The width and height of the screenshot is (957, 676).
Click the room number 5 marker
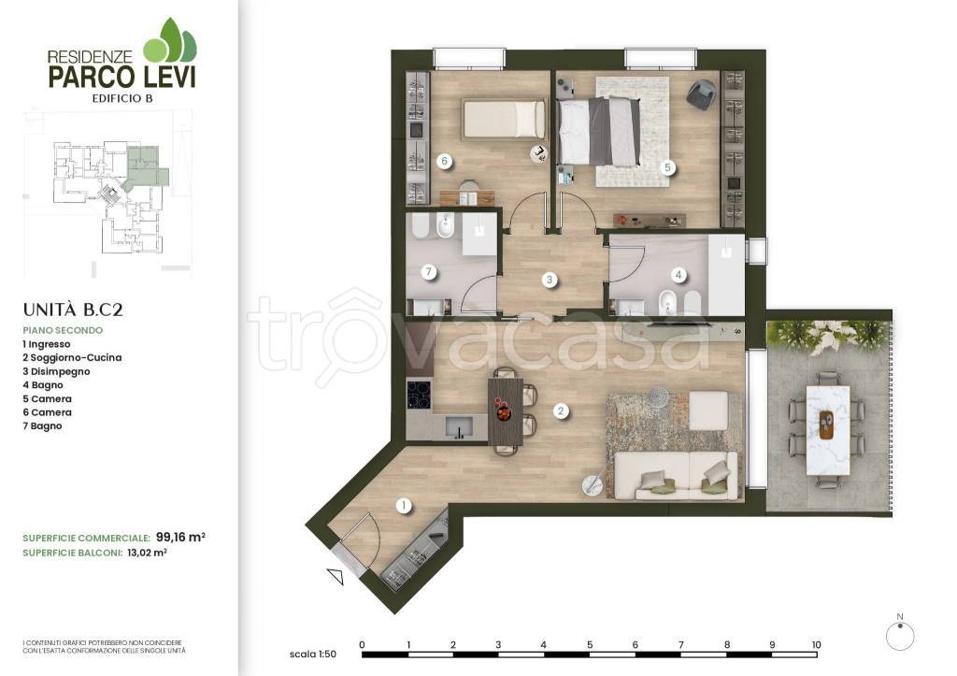click(x=667, y=167)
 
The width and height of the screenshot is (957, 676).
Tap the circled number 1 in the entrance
click(x=403, y=506)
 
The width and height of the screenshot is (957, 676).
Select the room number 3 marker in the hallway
click(x=550, y=280)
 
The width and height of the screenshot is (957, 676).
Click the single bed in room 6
click(x=504, y=119)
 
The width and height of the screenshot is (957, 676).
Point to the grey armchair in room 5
click(x=703, y=94)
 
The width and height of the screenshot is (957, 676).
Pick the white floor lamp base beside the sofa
click(x=592, y=486)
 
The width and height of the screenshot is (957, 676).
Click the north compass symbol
click(x=900, y=635)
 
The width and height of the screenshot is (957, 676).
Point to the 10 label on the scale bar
click(x=817, y=644)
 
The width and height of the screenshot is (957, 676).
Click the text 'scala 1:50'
click(x=312, y=654)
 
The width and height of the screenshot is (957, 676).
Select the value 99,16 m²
click(x=180, y=538)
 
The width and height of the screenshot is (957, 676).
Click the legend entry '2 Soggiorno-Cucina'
click(x=72, y=358)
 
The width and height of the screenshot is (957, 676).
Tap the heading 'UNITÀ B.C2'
click(x=73, y=309)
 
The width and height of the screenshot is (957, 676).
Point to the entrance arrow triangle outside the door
click(x=336, y=577)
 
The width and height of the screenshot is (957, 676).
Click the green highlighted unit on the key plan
click(x=145, y=166)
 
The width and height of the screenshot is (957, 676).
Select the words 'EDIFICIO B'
click(x=122, y=98)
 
